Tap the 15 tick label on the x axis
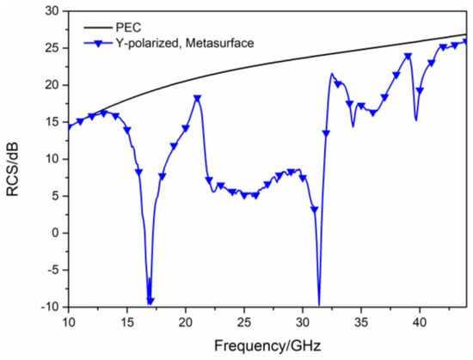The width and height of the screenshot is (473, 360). pos(127,323)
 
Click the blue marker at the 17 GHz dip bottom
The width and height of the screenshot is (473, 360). pos(150,301)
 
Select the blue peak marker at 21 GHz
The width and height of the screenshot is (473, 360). pos(198,98)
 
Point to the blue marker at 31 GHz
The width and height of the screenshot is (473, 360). pos(315,209)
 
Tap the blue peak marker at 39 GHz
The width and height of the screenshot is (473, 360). pos(408,57)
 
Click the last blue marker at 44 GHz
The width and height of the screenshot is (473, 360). pos(466,41)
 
